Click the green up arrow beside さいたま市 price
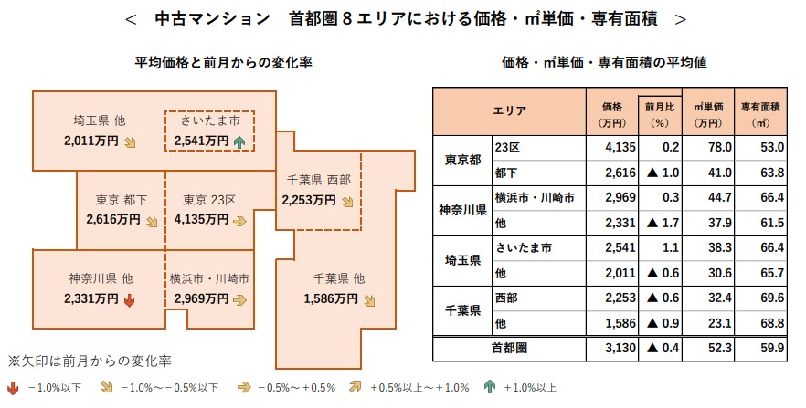coord(239,141)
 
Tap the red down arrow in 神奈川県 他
coord(129,298)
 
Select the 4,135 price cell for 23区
coord(606,146)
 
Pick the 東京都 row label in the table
coord(461,160)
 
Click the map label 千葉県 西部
coord(319,180)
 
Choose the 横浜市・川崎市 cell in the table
coord(534,197)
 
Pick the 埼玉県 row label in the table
coord(461,259)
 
